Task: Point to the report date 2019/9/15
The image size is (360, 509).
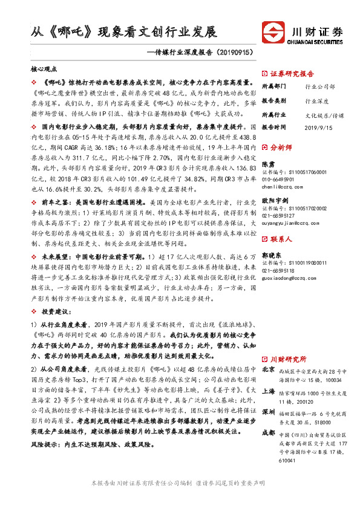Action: tap(319, 128)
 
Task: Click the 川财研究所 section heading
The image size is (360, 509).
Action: tap(288, 358)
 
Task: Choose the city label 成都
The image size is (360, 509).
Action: tap(269, 433)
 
